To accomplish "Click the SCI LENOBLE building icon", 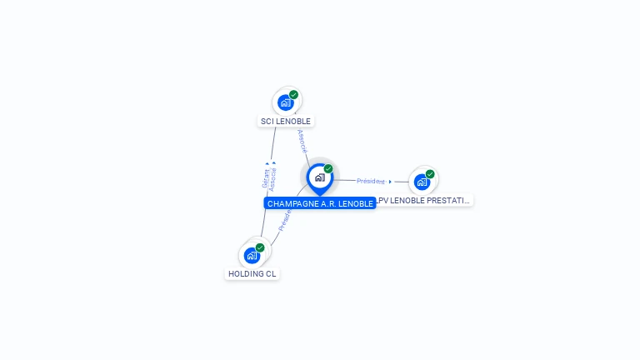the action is (x=286, y=102).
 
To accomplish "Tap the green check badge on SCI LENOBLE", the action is (x=293, y=95).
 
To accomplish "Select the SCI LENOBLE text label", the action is (x=285, y=122).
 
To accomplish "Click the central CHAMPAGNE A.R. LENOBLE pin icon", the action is (x=319, y=177).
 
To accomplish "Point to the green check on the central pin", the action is (x=328, y=169).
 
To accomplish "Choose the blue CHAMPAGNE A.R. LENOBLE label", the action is (x=320, y=203).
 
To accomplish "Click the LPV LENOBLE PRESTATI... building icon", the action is (x=422, y=181).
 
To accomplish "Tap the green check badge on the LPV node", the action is (x=430, y=174).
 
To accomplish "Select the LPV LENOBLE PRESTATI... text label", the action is (x=425, y=201).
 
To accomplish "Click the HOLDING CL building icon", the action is (x=252, y=255).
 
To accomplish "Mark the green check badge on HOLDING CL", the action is (x=260, y=247).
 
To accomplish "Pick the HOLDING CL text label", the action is (x=252, y=273).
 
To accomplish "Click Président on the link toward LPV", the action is (x=370, y=181).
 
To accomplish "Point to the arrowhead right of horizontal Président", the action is (x=390, y=182).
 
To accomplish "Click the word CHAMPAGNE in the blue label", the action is (x=290, y=203).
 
